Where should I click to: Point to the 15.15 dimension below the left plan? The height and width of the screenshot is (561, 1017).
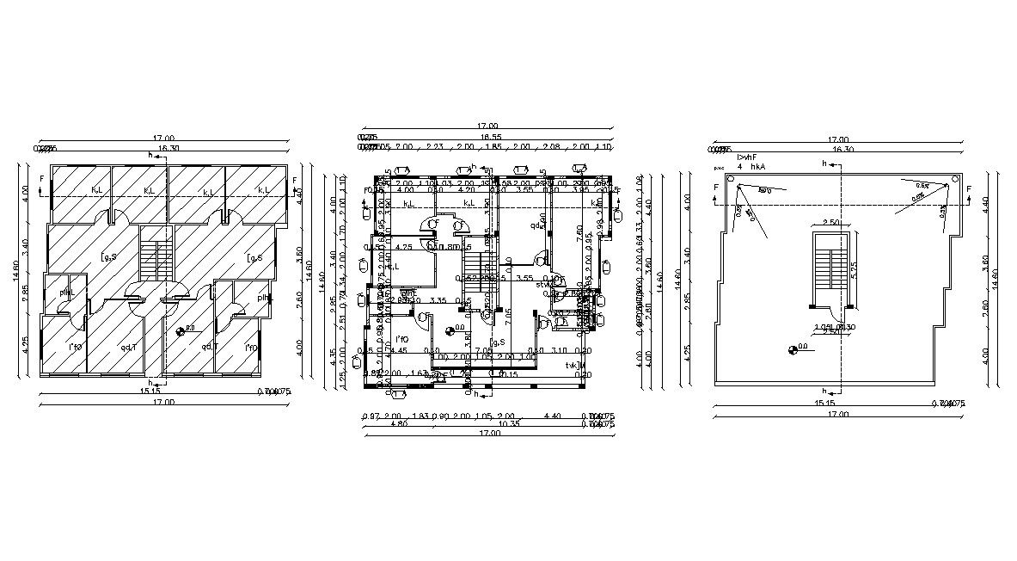pyautogui.click(x=150, y=392)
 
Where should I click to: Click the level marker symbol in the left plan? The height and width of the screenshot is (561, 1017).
pyautogui.click(x=181, y=330)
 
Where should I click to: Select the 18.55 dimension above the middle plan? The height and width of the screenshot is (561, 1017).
pyautogui.click(x=491, y=137)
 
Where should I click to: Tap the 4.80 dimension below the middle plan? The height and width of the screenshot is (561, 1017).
pyautogui.click(x=399, y=424)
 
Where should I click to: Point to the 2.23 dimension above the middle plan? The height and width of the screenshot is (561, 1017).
pyautogui.click(x=434, y=147)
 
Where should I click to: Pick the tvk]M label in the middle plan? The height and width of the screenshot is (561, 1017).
pyautogui.click(x=576, y=366)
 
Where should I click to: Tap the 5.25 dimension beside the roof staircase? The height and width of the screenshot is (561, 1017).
pyautogui.click(x=855, y=267)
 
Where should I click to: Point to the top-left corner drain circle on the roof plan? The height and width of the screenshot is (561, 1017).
pyautogui.click(x=730, y=180)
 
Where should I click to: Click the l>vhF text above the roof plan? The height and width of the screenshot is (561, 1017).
pyautogui.click(x=745, y=157)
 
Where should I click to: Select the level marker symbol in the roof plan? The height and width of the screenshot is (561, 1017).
pyautogui.click(x=792, y=348)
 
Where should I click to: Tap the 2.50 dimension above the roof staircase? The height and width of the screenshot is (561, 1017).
pyautogui.click(x=830, y=223)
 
